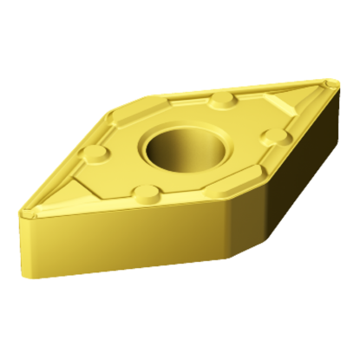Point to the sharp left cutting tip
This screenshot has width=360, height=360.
(x=22, y=209)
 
